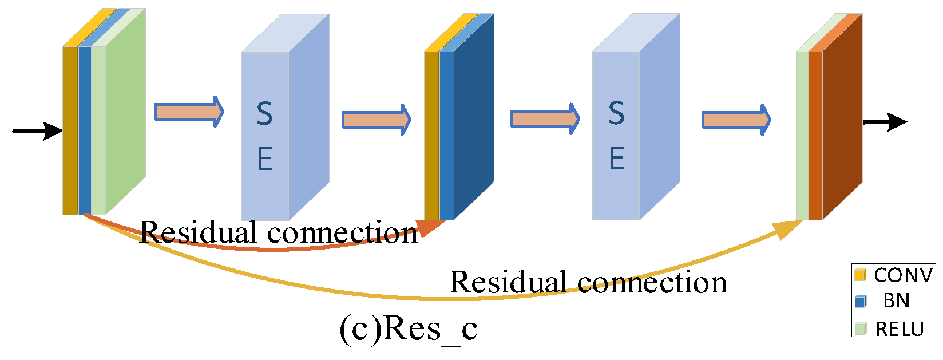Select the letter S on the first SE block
point(264,113)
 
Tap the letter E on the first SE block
point(264,159)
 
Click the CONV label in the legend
point(903,275)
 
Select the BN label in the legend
point(896,300)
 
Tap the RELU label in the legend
point(900,329)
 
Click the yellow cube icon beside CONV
point(860,275)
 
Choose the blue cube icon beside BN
point(860,301)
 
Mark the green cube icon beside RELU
point(860,329)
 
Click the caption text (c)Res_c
point(408,329)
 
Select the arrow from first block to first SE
point(189,112)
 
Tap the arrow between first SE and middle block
point(376,120)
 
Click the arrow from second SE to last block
point(736,120)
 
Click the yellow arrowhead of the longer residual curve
point(788,229)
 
